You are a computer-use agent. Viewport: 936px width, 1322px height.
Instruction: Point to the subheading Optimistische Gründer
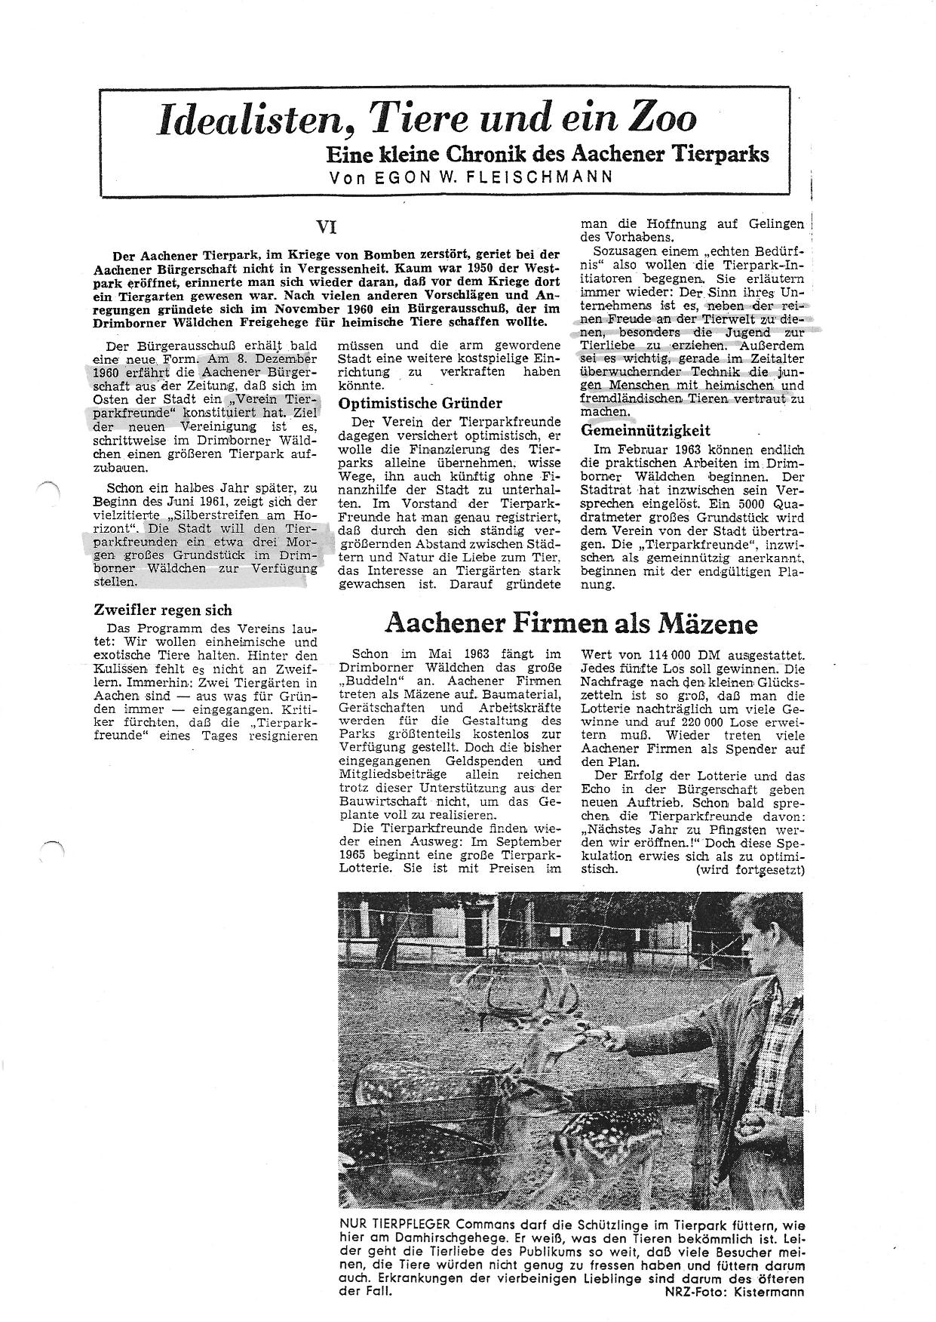click(420, 403)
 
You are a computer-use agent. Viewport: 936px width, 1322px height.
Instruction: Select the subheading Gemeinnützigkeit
click(645, 431)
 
